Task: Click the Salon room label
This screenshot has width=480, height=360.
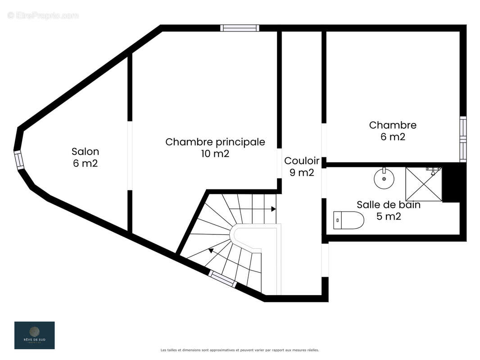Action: click(x=85, y=152)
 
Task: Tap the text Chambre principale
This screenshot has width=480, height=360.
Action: click(x=215, y=142)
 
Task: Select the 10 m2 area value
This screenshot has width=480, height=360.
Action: click(x=215, y=154)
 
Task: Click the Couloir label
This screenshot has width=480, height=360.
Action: click(x=301, y=161)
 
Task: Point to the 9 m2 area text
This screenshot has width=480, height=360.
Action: click(x=301, y=172)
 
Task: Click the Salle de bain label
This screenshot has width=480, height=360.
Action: click(x=388, y=205)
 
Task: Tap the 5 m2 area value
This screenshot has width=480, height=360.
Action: click(x=388, y=216)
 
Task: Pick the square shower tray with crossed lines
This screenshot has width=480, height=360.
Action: click(x=424, y=184)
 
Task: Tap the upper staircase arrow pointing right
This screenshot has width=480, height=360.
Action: click(x=273, y=209)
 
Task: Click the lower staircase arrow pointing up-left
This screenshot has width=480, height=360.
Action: click(x=211, y=250)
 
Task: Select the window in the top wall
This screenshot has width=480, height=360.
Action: click(x=240, y=28)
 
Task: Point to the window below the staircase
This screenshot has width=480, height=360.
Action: click(x=222, y=279)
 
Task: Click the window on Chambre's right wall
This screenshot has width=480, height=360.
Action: click(x=462, y=139)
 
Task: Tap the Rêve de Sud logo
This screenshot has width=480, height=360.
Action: click(x=34, y=335)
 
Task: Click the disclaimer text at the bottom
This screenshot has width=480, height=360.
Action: click(x=240, y=350)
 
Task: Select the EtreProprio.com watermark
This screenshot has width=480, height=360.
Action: click(x=43, y=15)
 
